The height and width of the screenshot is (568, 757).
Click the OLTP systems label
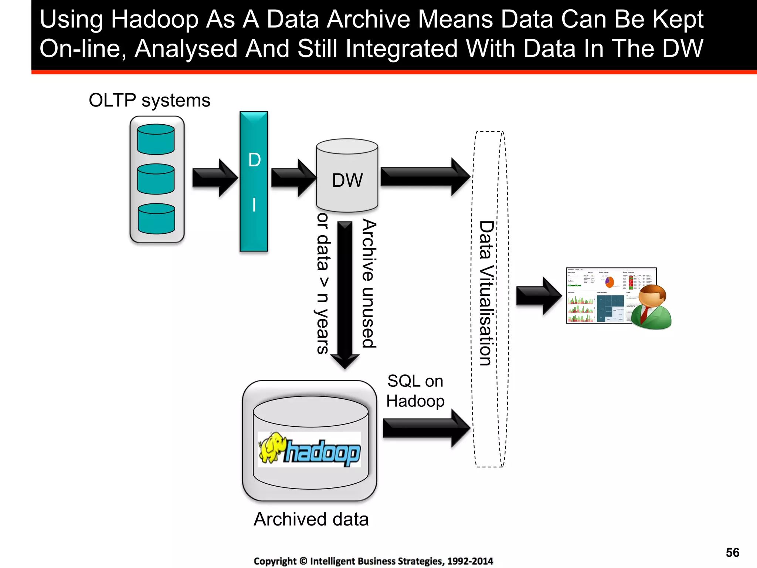tap(149, 100)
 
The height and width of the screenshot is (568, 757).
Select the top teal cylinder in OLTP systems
tap(156, 139)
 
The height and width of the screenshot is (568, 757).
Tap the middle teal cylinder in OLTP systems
tap(156, 179)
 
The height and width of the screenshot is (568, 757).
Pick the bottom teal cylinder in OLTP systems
tap(156, 219)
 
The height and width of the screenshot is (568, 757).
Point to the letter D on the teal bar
tap(254, 160)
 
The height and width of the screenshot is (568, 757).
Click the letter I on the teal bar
tap(254, 204)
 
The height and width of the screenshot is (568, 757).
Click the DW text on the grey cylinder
tap(347, 180)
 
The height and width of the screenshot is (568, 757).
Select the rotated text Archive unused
tap(369, 283)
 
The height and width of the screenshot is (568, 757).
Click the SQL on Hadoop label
tap(415, 391)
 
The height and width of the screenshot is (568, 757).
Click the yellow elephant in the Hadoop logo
tap(272, 447)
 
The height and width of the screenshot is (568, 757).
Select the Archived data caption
tap(311, 519)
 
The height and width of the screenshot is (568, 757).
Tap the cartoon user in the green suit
tap(651, 307)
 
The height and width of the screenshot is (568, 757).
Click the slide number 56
tap(732, 552)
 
